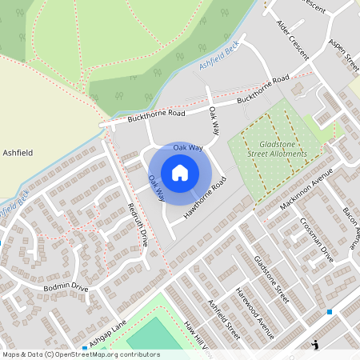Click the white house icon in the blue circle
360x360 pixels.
[x=180, y=173]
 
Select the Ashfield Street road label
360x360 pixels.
[x=223, y=321]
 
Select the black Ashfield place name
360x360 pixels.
[x=18, y=151]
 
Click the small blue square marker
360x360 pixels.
[x=329, y=311]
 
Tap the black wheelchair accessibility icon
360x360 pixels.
[x=316, y=345]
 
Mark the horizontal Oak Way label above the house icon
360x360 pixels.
[x=189, y=148]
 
